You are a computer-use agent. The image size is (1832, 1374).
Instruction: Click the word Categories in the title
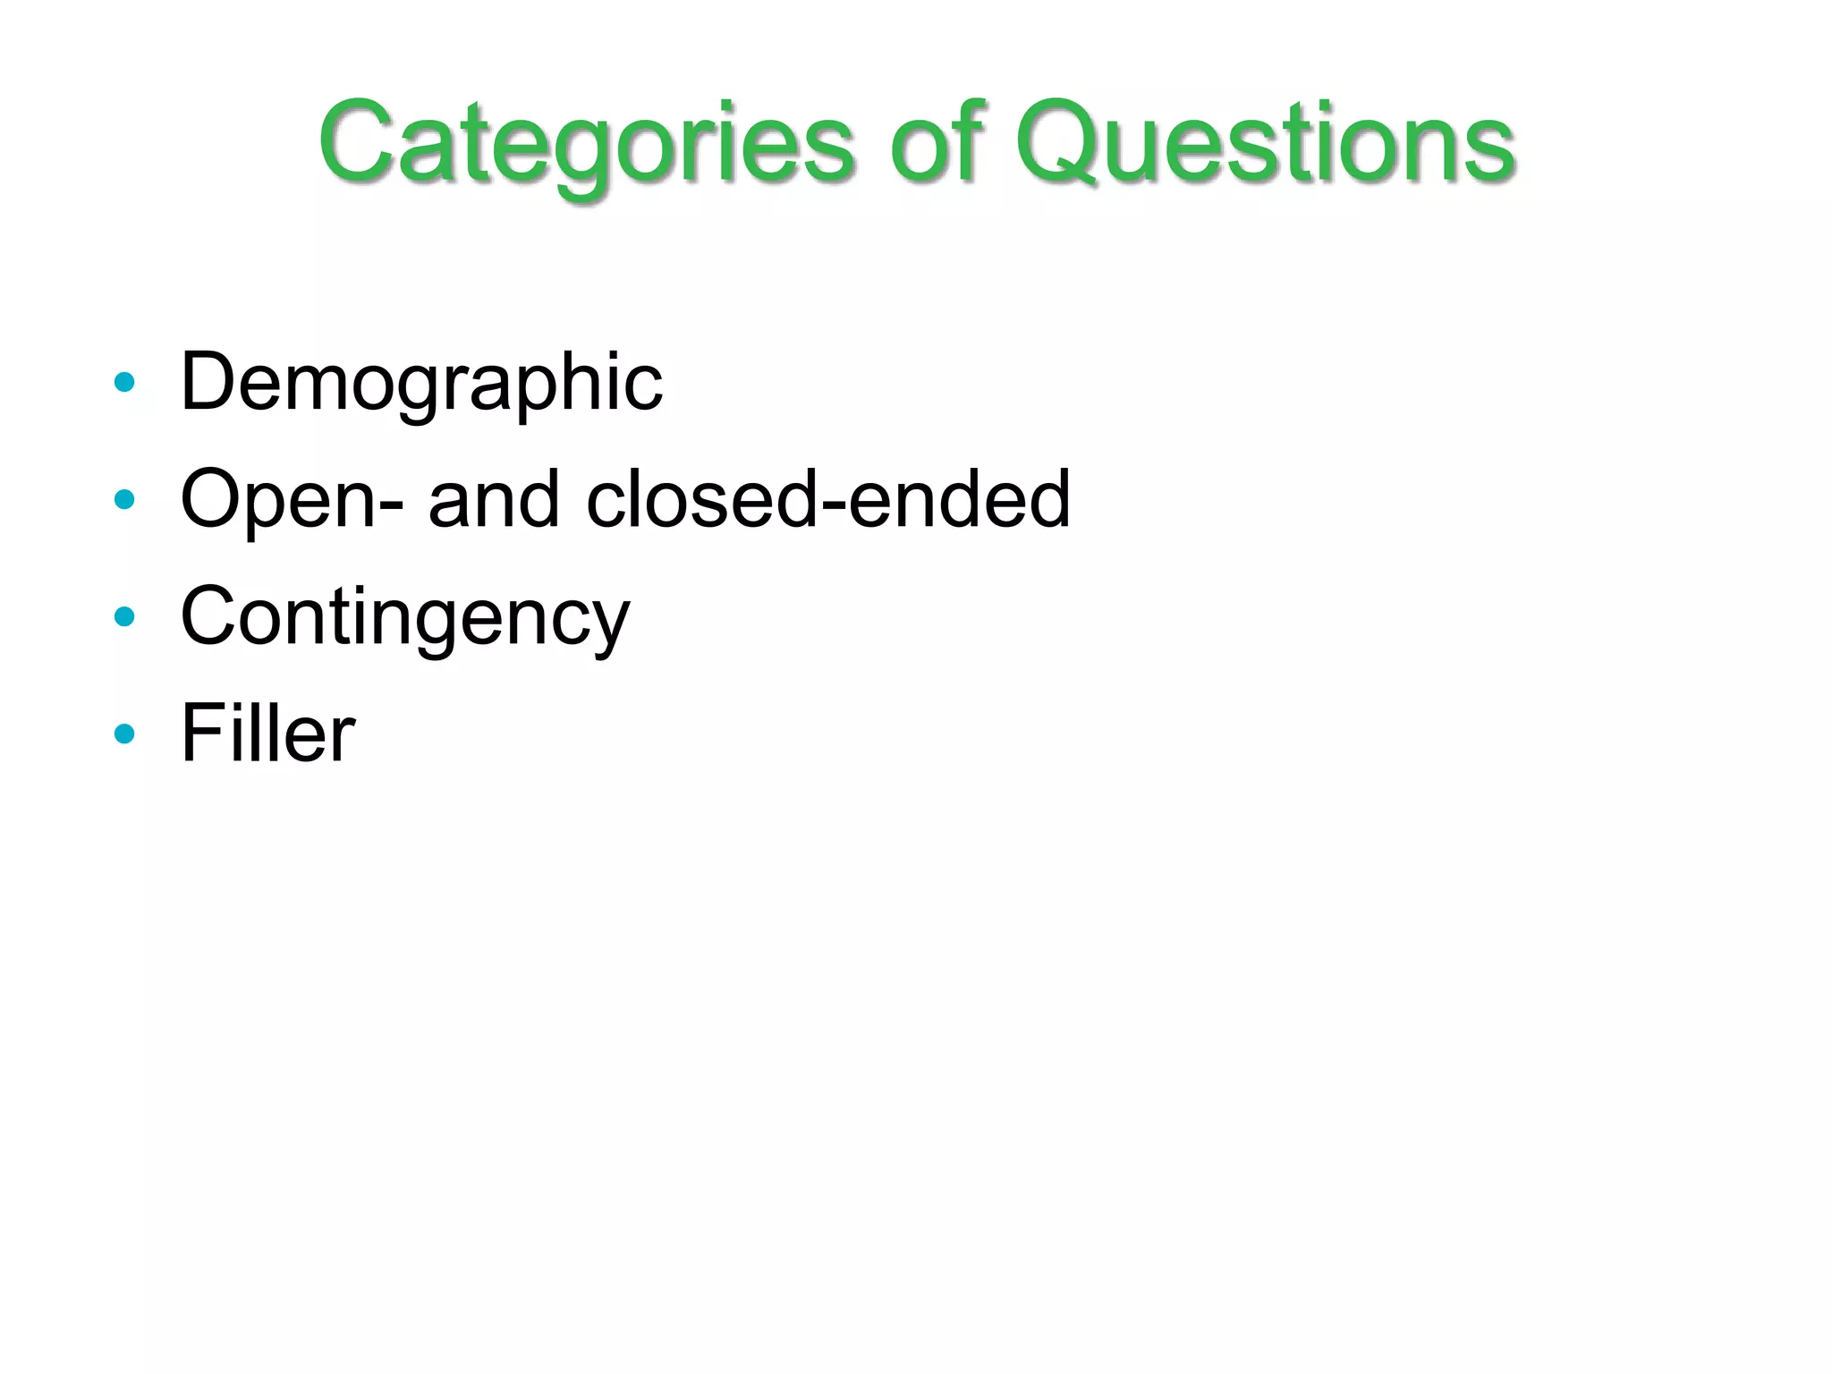pyautogui.click(x=587, y=143)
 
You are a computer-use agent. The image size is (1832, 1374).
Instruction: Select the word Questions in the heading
pyautogui.click(x=1264, y=143)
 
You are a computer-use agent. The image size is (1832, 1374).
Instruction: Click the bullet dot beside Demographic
pyautogui.click(x=125, y=383)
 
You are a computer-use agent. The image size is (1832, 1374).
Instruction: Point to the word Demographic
pyautogui.click(x=421, y=383)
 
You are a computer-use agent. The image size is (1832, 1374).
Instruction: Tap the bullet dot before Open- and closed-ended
pyautogui.click(x=125, y=499)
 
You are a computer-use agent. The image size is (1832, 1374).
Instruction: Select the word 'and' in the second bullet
pyautogui.click(x=495, y=499)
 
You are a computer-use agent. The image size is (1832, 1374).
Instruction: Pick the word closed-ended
pyautogui.click(x=827, y=499)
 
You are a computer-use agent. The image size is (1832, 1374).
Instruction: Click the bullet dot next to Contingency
pyautogui.click(x=125, y=616)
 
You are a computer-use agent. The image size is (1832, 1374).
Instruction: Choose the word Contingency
pyautogui.click(x=405, y=617)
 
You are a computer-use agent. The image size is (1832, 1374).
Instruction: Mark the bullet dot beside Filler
pyautogui.click(x=125, y=734)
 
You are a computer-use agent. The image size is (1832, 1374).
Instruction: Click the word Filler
pyautogui.click(x=267, y=734)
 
